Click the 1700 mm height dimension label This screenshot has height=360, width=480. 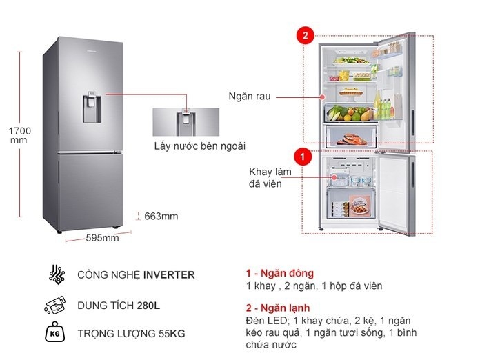(x=21, y=135)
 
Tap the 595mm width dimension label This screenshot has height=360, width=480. (x=101, y=239)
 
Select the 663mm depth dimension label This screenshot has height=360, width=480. (x=161, y=217)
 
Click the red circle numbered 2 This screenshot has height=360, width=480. (x=304, y=36)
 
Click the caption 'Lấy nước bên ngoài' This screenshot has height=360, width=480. (x=199, y=146)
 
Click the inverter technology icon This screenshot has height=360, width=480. (x=57, y=274)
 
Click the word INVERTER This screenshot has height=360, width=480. (x=169, y=274)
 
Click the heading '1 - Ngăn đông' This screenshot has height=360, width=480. (x=279, y=273)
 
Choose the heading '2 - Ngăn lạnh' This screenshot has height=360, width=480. (x=278, y=308)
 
